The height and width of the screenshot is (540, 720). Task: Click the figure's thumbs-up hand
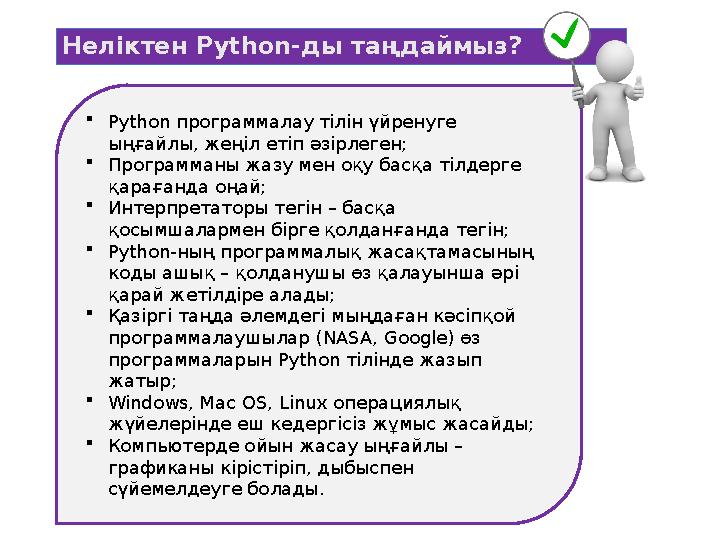coord(638,89)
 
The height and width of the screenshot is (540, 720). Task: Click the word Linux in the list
coord(302,403)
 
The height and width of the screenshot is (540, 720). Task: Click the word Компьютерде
coord(163,446)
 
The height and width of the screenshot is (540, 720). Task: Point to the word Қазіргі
coord(134,316)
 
